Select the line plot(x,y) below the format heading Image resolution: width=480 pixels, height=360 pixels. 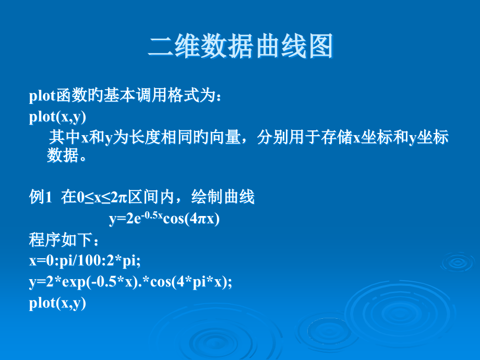click(57, 117)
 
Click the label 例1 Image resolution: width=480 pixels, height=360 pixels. click(41, 198)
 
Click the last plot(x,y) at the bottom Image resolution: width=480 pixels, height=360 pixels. click(57, 303)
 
